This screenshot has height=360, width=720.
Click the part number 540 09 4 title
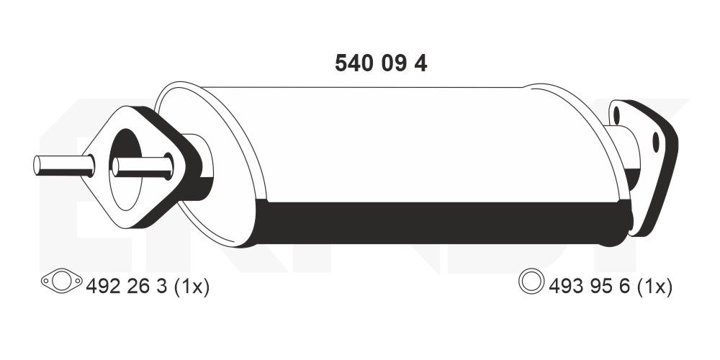point(381,63)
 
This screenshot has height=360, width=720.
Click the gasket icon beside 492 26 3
point(61,283)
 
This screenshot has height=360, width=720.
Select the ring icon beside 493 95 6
point(531,282)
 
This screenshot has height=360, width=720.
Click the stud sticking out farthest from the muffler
point(63,166)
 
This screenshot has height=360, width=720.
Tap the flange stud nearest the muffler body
point(143,168)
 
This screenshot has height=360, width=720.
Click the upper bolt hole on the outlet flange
point(616,114)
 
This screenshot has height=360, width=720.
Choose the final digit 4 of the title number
point(421,63)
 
